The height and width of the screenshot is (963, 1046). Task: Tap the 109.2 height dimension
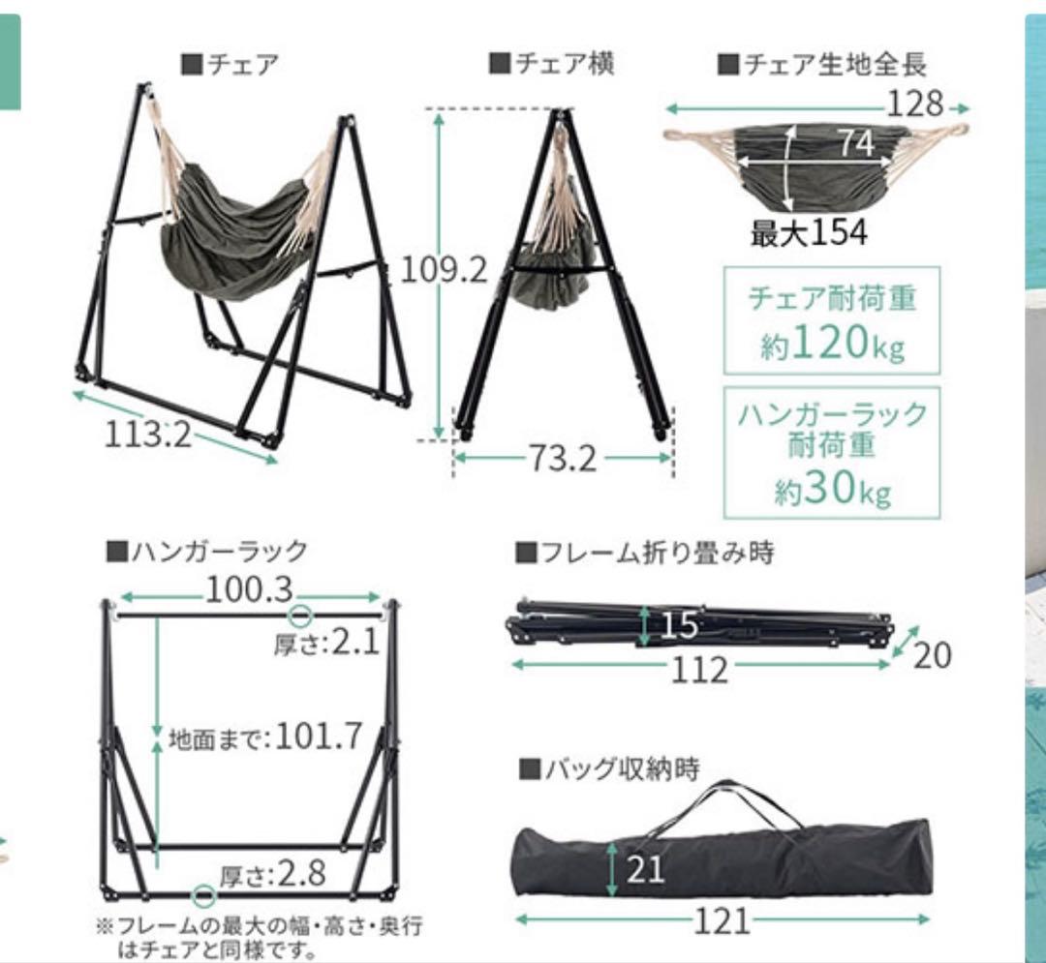(444, 270)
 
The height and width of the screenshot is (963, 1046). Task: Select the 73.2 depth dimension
(562, 458)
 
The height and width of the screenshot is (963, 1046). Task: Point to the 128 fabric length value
(914, 102)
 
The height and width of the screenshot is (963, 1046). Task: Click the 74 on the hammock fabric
(855, 143)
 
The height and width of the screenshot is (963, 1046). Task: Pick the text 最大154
(808, 233)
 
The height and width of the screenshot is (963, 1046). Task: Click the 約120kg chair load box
(832, 321)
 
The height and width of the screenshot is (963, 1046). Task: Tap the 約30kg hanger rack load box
(832, 453)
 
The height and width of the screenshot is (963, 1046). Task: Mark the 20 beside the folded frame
(931, 655)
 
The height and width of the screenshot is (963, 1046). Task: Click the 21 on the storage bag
(645, 868)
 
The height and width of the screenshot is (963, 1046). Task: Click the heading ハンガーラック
(207, 552)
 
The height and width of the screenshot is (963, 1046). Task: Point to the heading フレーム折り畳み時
(645, 553)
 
